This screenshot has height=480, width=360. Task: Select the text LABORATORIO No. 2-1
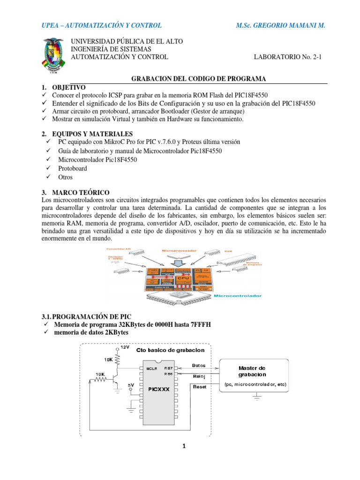tap(289, 57)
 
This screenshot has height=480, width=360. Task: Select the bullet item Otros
tap(66, 178)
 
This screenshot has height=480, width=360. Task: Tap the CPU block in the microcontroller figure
tap(182, 278)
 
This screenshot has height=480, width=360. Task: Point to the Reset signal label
tap(200, 387)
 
